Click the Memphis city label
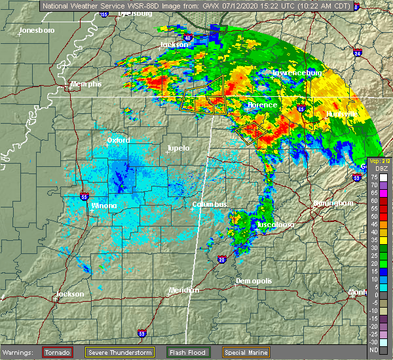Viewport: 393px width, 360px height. [x=86, y=84]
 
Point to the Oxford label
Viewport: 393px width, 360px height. [x=119, y=140]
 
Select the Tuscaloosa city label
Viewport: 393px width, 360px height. [x=274, y=225]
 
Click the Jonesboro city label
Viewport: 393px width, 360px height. [x=37, y=31]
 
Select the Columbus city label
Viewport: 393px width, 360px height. [x=209, y=205]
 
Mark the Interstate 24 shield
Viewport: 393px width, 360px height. [x=357, y=52]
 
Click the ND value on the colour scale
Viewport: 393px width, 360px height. [x=373, y=350]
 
